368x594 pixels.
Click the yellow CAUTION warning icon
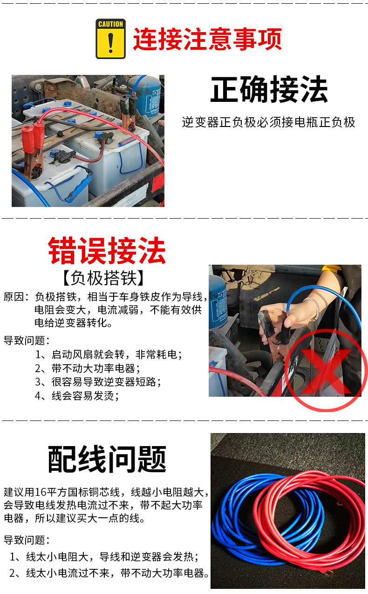pos(110,39)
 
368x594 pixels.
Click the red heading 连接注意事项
pos(207,39)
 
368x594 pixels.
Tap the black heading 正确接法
pos(269,90)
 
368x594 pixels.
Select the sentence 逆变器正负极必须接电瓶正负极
pos(268,122)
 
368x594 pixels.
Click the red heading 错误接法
pos(107,251)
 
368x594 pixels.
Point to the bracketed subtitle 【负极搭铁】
pos(103,278)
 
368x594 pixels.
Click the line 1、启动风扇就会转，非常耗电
pos(108,354)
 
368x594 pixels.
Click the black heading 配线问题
pos(107,459)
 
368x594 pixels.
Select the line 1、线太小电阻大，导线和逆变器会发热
pos(105,557)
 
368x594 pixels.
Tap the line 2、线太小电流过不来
pos(110,573)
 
